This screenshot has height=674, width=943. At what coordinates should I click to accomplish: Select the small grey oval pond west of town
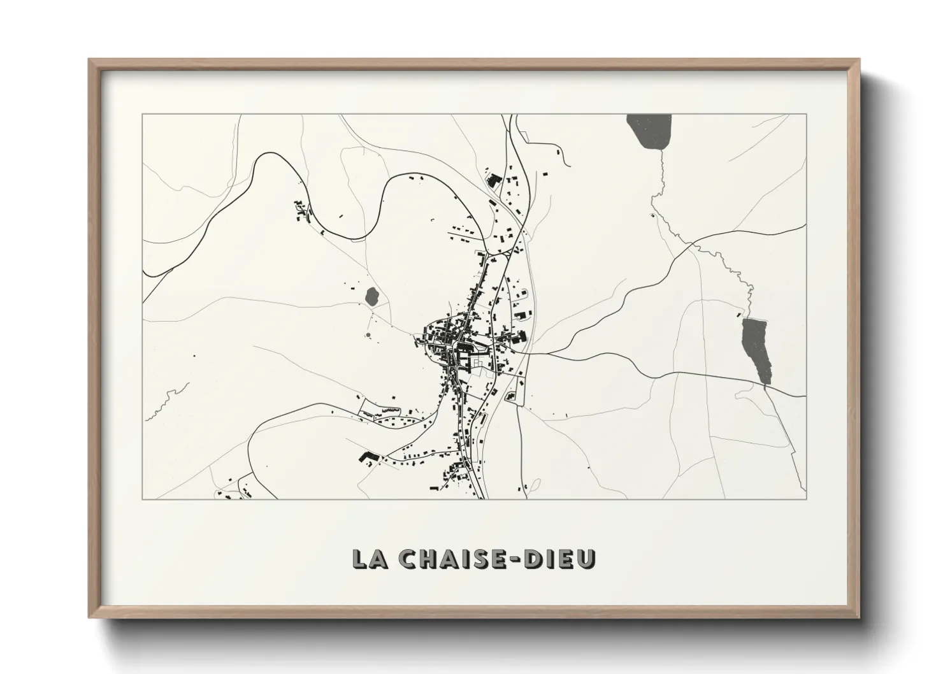click(371, 296)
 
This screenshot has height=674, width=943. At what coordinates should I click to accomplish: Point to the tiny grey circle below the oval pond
click(368, 334)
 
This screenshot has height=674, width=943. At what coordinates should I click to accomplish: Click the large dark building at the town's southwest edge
click(368, 457)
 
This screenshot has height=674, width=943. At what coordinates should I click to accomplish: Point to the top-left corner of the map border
click(142, 115)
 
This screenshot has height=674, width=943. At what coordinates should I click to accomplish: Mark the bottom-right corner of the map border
click(807, 499)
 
